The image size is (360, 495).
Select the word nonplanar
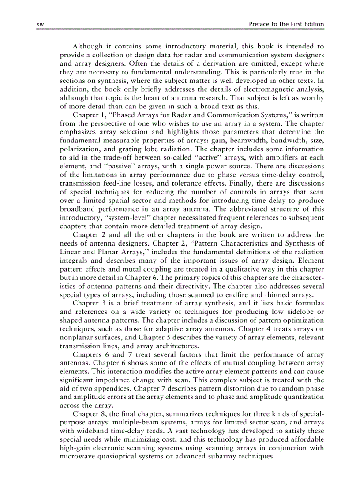pyautogui.click(x=76, y=337)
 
